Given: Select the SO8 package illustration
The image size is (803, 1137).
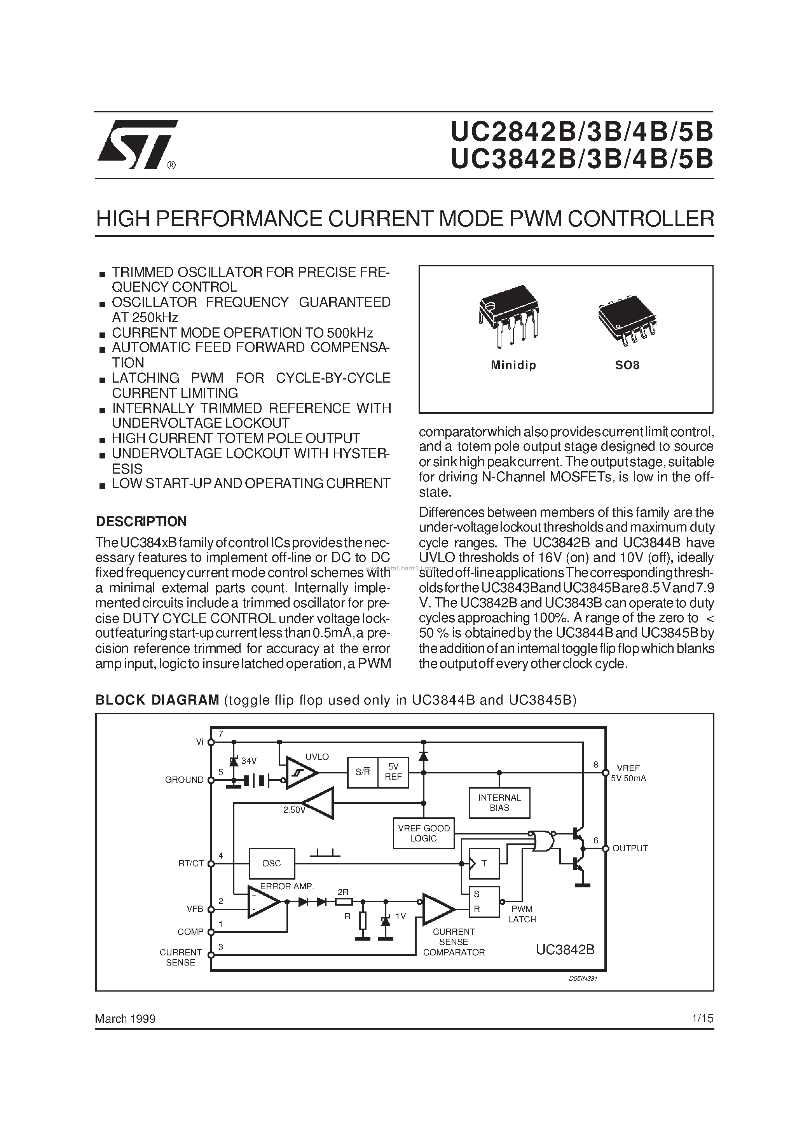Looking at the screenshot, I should (627, 319).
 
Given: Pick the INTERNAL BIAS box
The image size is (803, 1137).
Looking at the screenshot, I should (499, 802).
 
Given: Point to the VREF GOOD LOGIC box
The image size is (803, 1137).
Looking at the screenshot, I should (423, 833).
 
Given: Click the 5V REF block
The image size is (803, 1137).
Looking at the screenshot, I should (393, 772).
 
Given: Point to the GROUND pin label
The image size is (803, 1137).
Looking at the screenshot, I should (184, 780).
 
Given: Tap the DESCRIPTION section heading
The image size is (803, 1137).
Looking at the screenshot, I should (141, 521).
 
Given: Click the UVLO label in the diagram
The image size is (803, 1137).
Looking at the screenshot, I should (317, 757).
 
